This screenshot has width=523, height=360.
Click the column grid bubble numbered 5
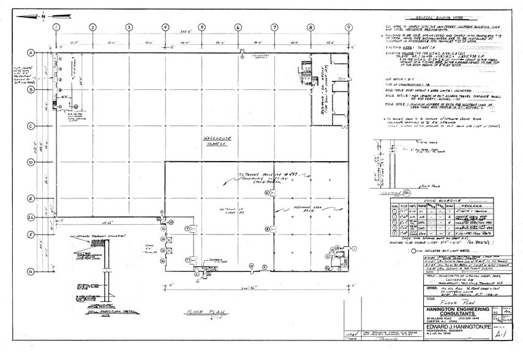(x=201, y=27)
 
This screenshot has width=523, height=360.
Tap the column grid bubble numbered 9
(x=348, y=27)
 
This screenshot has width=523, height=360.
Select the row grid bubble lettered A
(x=30, y=54)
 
